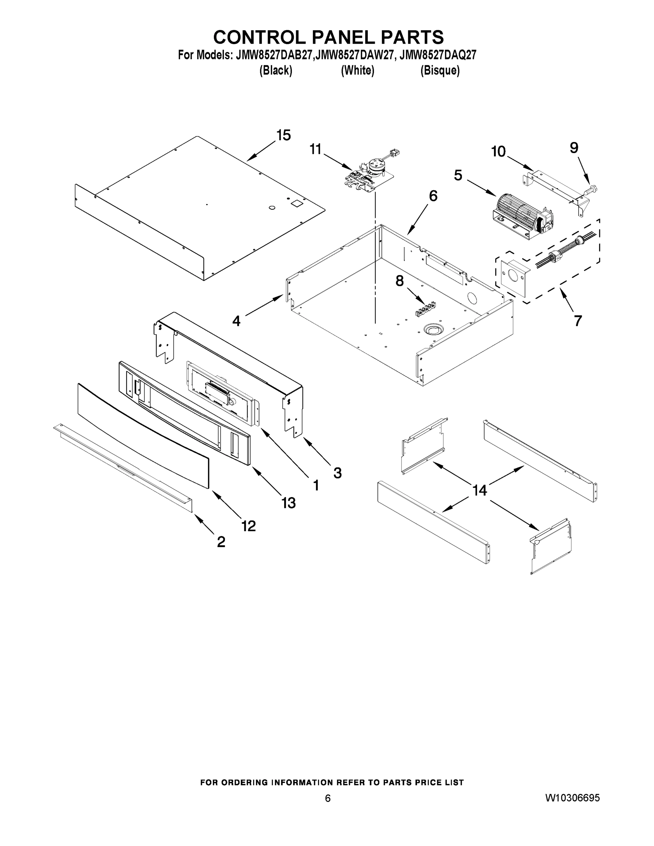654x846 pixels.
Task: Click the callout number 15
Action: pos(283,136)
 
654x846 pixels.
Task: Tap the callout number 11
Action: pos(316,149)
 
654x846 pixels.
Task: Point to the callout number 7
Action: pos(578,321)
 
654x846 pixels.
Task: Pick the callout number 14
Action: pos(479,490)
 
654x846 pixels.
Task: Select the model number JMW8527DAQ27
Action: pos(438,55)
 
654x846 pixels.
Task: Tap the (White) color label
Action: pos(357,70)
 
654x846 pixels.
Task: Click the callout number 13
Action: pos(289,503)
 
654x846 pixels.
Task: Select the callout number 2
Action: pos(221,541)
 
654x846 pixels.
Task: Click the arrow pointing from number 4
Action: pos(263,306)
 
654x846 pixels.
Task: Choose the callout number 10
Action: pos(498,151)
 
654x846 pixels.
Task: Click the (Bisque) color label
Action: pos(440,70)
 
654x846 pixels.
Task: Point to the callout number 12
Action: pos(248,526)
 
